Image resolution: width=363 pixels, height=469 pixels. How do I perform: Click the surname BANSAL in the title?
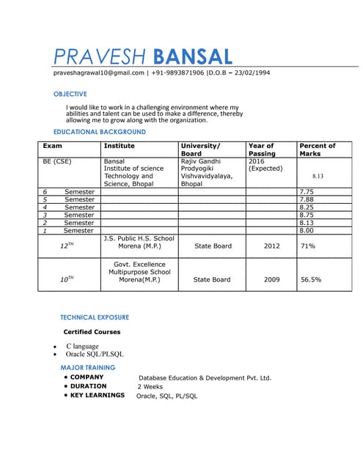click(193, 56)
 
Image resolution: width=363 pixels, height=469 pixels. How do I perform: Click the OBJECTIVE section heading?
click(70, 94)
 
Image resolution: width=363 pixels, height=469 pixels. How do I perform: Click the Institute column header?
click(119, 146)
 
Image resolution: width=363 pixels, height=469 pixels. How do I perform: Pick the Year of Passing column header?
click(262, 149)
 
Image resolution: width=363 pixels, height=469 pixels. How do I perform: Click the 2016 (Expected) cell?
click(265, 165)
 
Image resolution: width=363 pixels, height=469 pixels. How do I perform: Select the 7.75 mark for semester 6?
click(307, 191)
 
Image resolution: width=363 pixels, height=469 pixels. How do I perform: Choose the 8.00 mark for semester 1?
click(307, 231)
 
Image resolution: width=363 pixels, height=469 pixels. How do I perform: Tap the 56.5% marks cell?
click(311, 279)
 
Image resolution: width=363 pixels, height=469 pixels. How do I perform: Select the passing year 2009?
click(271, 279)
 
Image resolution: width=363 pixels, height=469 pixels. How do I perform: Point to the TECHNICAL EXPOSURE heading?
click(94, 317)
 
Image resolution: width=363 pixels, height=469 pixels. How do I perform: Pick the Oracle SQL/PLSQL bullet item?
click(95, 354)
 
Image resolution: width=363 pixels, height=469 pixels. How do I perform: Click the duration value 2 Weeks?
click(150, 386)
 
